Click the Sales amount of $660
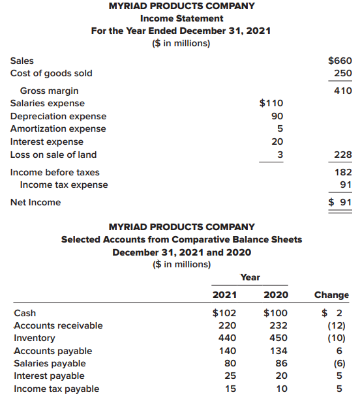coord(340,61)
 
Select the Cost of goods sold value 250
coord(343,73)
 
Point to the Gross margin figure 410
coord(343,91)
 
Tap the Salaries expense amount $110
coord(271,103)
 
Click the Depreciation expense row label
coord(58,116)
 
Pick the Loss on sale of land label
coord(53,155)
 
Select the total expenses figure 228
coord(343,155)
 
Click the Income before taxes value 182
coord(343,172)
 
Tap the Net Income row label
coord(36,202)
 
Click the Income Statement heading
coord(180,18)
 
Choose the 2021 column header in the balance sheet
coord(225,295)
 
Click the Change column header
coord(331,295)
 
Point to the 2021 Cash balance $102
coord(225,312)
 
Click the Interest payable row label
coord(49,376)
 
